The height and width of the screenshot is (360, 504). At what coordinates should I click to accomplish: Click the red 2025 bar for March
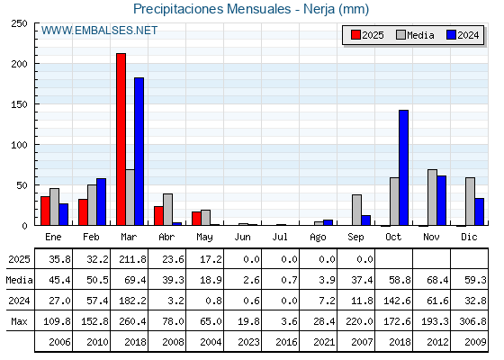[x=121, y=139]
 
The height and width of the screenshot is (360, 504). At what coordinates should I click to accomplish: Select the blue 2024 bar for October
[x=404, y=167]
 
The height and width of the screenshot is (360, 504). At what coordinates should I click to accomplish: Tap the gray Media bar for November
[x=432, y=197]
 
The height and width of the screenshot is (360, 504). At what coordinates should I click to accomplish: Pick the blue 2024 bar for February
[x=101, y=202]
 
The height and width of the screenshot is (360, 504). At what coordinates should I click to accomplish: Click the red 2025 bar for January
[x=45, y=211]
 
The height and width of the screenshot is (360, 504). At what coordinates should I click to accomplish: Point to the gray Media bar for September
[x=356, y=210]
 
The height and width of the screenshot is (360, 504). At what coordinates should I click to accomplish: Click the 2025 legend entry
[x=367, y=35]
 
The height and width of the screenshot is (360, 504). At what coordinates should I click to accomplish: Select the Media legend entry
[x=415, y=35]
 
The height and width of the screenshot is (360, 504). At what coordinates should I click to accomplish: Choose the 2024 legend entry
[x=463, y=35]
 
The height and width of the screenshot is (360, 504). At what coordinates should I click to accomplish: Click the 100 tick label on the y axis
[x=20, y=145]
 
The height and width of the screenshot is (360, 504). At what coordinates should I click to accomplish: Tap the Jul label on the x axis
[x=280, y=238]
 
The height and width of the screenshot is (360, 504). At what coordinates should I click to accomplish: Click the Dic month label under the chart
[x=469, y=238]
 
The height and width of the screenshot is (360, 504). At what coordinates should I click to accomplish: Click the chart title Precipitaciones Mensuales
[x=212, y=9]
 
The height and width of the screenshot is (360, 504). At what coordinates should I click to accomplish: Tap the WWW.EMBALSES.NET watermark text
[x=99, y=31]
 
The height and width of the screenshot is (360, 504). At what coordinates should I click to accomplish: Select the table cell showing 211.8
[x=132, y=259]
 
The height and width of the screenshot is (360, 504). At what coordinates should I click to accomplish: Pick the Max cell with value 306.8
[x=472, y=321]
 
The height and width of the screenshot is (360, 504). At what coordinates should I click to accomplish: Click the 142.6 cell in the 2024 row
[x=397, y=301]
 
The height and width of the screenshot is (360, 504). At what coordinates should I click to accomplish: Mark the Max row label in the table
[x=19, y=321]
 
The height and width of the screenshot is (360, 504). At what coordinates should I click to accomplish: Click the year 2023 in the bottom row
[x=248, y=342]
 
